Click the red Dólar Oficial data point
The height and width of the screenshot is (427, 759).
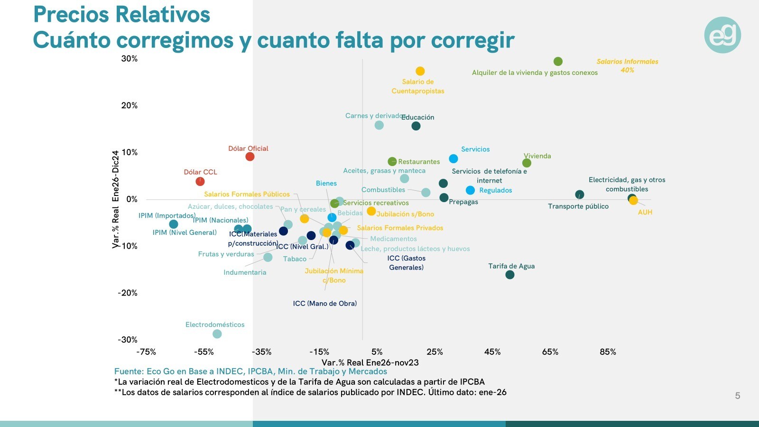click(x=250, y=157)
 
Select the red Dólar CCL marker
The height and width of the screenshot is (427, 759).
click(x=200, y=181)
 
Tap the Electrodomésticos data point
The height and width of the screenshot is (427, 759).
click(x=217, y=334)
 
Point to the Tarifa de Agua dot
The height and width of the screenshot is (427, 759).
click(x=510, y=275)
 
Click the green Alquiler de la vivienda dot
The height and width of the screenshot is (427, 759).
click(x=558, y=62)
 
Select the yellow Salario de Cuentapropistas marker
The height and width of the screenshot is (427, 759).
click(x=420, y=71)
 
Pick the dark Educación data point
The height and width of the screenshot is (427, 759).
click(x=416, y=126)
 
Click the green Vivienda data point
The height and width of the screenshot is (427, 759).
click(x=527, y=163)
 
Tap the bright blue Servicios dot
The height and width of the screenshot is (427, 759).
click(x=454, y=158)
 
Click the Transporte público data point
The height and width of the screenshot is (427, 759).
click(x=580, y=195)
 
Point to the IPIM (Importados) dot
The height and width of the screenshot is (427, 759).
click(x=174, y=224)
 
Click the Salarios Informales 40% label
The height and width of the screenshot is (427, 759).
click(x=627, y=65)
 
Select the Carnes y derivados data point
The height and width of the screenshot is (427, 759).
click(x=379, y=125)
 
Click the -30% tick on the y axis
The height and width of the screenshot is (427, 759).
click(x=128, y=340)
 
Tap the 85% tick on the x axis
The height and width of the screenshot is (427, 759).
click(x=608, y=352)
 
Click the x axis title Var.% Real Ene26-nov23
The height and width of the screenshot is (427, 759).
click(x=370, y=363)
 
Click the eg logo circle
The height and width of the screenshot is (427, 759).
click(x=722, y=35)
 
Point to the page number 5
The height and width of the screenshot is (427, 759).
click(x=737, y=396)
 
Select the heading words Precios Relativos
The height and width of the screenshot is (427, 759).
click(x=122, y=15)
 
